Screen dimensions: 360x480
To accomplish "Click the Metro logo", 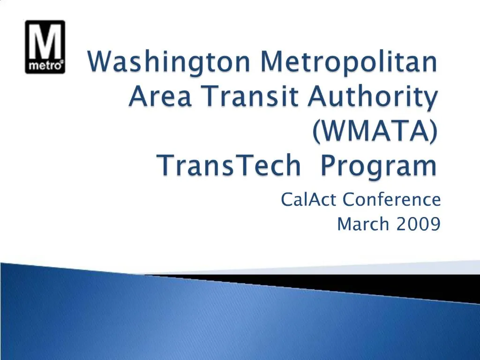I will coord(45,47).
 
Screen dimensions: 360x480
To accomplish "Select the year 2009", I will coord(418,225).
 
